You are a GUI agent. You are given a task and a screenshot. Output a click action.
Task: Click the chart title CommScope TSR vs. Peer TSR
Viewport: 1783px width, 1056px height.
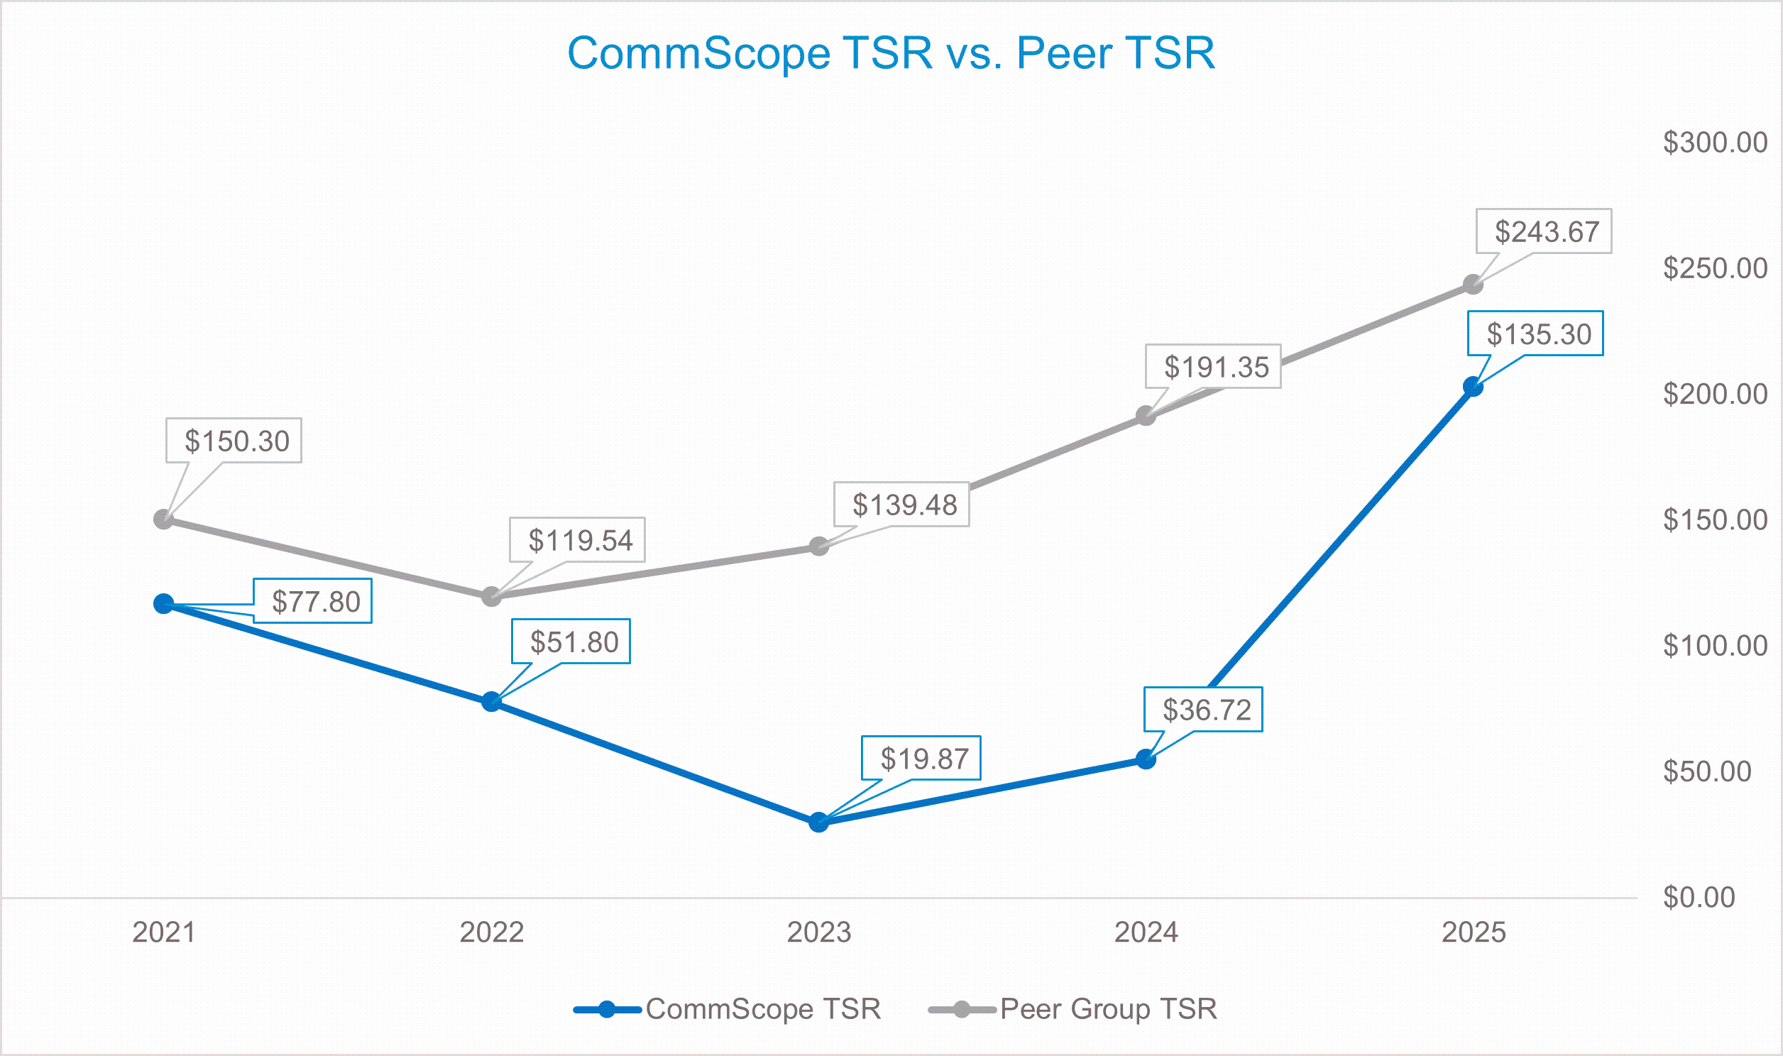click(x=891, y=53)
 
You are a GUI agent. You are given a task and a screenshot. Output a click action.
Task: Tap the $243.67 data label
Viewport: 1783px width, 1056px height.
click(x=1543, y=231)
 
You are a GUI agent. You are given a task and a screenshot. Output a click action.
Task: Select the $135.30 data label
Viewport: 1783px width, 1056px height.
click(x=1535, y=334)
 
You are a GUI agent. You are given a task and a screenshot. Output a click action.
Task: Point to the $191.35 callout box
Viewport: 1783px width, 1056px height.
click(x=1212, y=366)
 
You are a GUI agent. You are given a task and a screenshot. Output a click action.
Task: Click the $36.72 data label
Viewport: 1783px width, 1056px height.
click(x=1203, y=710)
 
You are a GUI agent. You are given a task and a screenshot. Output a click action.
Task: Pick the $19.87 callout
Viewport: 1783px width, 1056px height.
click(x=921, y=759)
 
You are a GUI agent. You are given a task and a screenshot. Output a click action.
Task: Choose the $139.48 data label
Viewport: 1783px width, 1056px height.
click(x=901, y=505)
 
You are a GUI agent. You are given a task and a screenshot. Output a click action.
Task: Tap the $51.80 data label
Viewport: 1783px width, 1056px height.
click(x=571, y=642)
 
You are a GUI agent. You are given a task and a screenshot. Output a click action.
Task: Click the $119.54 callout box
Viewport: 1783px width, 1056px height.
click(x=577, y=540)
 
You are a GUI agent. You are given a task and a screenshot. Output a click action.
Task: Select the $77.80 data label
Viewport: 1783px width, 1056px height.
click(x=312, y=601)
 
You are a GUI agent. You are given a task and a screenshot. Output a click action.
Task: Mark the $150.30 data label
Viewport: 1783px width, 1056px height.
click(x=234, y=441)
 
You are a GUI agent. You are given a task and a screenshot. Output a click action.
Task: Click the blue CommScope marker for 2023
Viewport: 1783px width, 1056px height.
click(x=818, y=822)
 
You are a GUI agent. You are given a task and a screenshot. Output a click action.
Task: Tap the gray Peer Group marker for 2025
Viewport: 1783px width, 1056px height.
click(x=1473, y=285)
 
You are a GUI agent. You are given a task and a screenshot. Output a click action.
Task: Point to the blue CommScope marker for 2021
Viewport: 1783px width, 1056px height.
click(x=164, y=603)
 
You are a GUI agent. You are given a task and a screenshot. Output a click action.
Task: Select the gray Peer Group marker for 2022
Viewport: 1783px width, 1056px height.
click(x=491, y=596)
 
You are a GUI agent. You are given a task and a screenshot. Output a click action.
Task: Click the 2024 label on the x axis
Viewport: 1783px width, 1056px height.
click(x=1146, y=933)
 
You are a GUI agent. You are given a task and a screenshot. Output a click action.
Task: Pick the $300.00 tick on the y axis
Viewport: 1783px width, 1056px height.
click(x=1715, y=143)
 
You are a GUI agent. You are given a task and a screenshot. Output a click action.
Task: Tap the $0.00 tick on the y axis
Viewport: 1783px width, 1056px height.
click(x=1699, y=897)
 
